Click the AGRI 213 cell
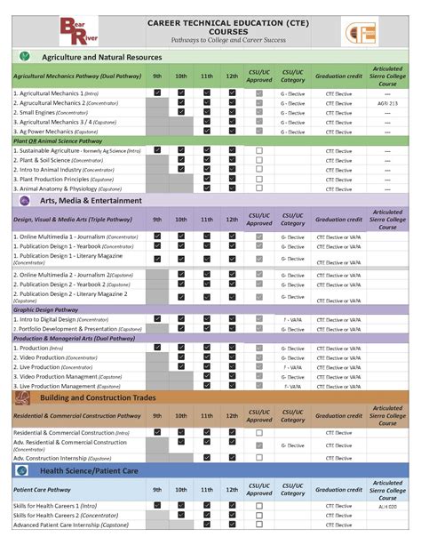387,103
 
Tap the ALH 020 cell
387,505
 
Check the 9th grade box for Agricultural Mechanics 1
157,92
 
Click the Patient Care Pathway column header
44,489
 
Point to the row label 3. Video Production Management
67,376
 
